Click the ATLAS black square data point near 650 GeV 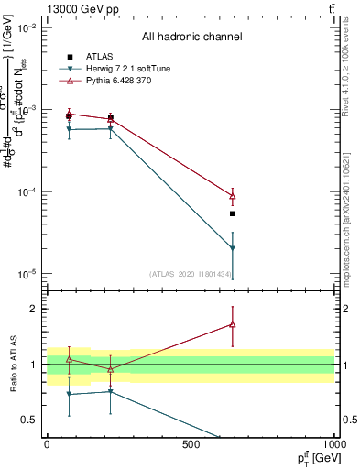pos(233,213)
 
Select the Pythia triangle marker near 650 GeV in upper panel pos(233,196)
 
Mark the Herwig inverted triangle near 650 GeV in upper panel pos(233,248)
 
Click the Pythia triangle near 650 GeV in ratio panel pos(233,324)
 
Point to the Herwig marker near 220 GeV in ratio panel pos(111,391)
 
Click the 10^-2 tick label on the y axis pos(27,28)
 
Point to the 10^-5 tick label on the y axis pos(27,274)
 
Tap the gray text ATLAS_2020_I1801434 pos(191,274)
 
